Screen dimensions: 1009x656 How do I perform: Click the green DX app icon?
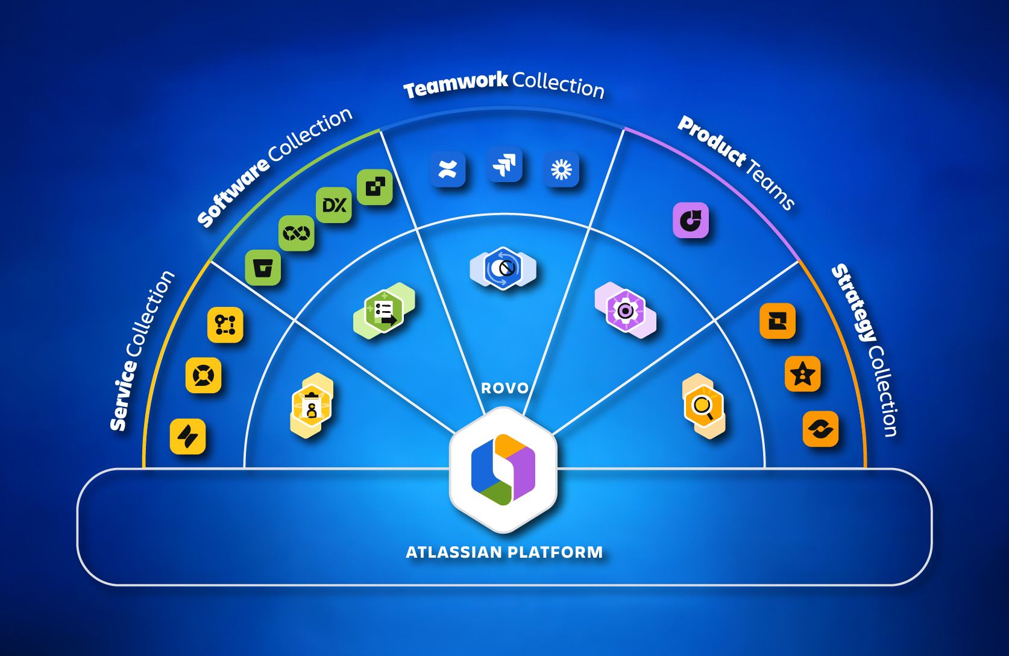(x=334, y=205)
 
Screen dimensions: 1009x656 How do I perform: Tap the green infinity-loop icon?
(x=297, y=233)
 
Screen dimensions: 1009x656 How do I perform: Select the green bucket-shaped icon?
(x=263, y=268)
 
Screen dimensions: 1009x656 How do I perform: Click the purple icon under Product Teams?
(x=691, y=220)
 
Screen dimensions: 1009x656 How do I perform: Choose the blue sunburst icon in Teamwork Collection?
(x=561, y=169)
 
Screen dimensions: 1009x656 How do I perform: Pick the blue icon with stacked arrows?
(x=505, y=164)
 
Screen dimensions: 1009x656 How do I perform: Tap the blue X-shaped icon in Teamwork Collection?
(x=448, y=169)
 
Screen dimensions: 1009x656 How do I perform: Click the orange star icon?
(x=803, y=374)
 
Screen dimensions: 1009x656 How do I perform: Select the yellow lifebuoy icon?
(x=204, y=375)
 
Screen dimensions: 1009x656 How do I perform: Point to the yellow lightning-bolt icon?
(x=188, y=437)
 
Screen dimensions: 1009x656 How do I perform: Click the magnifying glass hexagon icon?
(x=703, y=406)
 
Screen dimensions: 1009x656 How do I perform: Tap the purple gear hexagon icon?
(x=625, y=311)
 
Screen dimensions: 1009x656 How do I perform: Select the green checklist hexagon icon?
(x=384, y=311)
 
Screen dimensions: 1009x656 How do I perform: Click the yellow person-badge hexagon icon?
(x=312, y=406)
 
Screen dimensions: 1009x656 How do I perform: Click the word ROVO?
(x=505, y=388)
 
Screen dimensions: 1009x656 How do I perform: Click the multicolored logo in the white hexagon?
(x=503, y=470)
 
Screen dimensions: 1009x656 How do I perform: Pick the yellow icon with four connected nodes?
(x=225, y=325)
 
